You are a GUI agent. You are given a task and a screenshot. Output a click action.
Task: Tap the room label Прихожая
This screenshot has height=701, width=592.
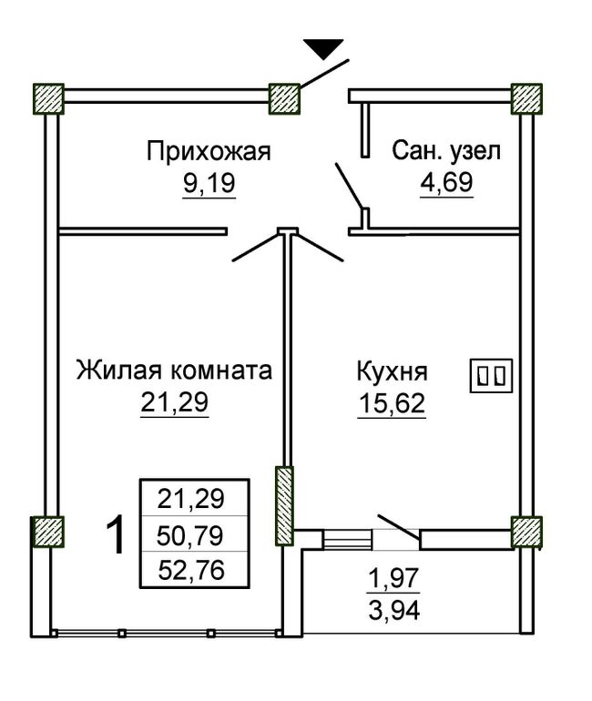coord(209,151)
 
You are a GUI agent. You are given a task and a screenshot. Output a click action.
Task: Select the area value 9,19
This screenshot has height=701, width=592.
coord(209,183)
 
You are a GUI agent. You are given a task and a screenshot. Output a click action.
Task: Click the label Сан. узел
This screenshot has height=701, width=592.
coord(445,151)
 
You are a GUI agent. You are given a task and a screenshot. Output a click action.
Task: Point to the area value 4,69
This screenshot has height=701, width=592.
coord(445,182)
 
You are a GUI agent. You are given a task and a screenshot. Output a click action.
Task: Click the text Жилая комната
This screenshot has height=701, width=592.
coord(174,371)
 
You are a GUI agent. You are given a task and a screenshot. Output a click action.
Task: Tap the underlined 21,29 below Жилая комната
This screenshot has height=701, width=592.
coord(174,401)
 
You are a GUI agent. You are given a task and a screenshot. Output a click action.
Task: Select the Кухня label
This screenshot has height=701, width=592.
coord(392,371)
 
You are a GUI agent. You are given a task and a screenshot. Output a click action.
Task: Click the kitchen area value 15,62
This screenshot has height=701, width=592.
coord(392,403)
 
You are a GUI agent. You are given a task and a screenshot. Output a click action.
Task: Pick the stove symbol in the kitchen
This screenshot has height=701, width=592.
coord(491,376)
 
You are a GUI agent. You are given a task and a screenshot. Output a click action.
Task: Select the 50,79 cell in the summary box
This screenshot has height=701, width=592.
coord(190,535)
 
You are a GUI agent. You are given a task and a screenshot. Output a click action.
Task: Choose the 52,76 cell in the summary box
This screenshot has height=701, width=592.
coord(191,571)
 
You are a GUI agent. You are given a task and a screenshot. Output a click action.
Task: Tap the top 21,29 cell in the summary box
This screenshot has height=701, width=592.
coord(190,499)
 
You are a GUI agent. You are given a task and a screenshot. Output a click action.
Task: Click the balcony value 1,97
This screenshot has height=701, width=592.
coord(393,577)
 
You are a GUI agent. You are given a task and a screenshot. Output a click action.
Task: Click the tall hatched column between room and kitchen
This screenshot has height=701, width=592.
coord(284,505)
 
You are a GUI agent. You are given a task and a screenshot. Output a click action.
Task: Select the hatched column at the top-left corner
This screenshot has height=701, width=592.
coord(49,99)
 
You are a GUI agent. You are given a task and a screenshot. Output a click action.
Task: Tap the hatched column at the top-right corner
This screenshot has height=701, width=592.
coord(526,99)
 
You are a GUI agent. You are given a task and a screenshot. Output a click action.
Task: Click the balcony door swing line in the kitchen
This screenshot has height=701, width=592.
coord(399,526)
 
